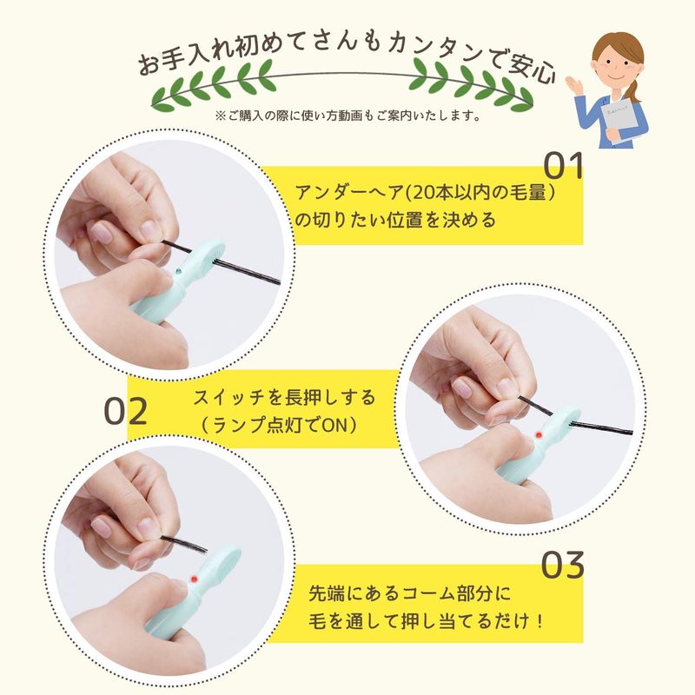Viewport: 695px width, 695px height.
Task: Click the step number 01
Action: pyautogui.click(x=563, y=166)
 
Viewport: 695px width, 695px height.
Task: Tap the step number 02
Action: pyautogui.click(x=125, y=411)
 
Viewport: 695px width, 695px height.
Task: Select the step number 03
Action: pyautogui.click(x=563, y=565)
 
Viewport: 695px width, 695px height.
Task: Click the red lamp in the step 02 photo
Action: pyautogui.click(x=539, y=435)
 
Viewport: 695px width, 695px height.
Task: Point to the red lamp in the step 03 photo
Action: pyautogui.click(x=194, y=579)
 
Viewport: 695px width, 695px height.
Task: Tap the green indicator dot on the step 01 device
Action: pyautogui.click(x=179, y=270)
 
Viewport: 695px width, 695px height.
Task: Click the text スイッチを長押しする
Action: pyautogui.click(x=284, y=398)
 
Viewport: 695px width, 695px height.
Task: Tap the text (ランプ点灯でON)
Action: pyautogui.click(x=278, y=426)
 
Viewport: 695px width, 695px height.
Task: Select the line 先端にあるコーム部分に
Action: pyautogui.click(x=409, y=593)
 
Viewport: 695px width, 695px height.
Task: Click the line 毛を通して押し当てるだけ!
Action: pyautogui.click(x=425, y=621)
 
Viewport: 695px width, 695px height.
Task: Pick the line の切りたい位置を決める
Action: pyautogui.click(x=395, y=220)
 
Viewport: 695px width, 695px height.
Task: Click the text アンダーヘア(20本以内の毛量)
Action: pyautogui.click(x=425, y=193)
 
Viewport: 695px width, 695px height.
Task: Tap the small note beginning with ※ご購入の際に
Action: pyautogui.click(x=348, y=116)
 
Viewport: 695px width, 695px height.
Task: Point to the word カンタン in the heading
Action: pyautogui.click(x=437, y=50)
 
